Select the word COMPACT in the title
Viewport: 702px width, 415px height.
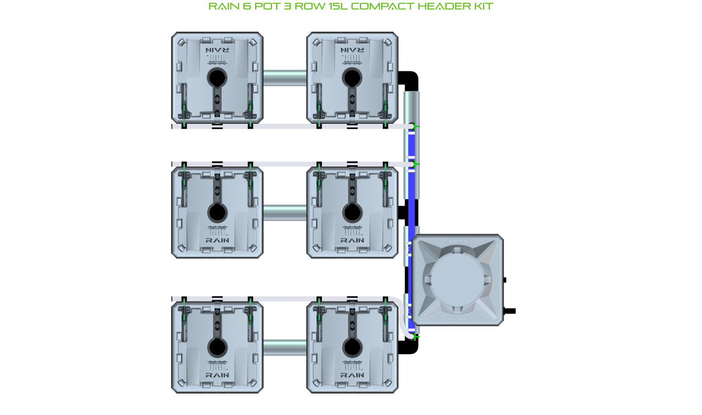(383, 6)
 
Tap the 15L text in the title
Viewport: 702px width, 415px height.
(335, 6)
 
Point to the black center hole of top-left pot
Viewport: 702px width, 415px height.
(217, 78)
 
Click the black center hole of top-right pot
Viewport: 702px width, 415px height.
(352, 78)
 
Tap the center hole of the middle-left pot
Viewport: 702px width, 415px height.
(217, 212)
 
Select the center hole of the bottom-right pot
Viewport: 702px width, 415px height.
(352, 347)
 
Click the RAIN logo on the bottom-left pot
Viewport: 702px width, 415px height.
(217, 375)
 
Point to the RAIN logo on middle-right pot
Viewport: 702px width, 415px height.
(352, 240)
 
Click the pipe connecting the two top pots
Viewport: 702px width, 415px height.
(285, 78)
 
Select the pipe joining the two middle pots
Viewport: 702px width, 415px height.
(285, 212)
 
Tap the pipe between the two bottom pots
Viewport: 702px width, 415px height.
(285, 347)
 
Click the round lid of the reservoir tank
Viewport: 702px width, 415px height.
(456, 280)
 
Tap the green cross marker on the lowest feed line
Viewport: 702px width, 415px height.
(416, 336)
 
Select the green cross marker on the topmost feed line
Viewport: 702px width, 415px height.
(416, 126)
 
